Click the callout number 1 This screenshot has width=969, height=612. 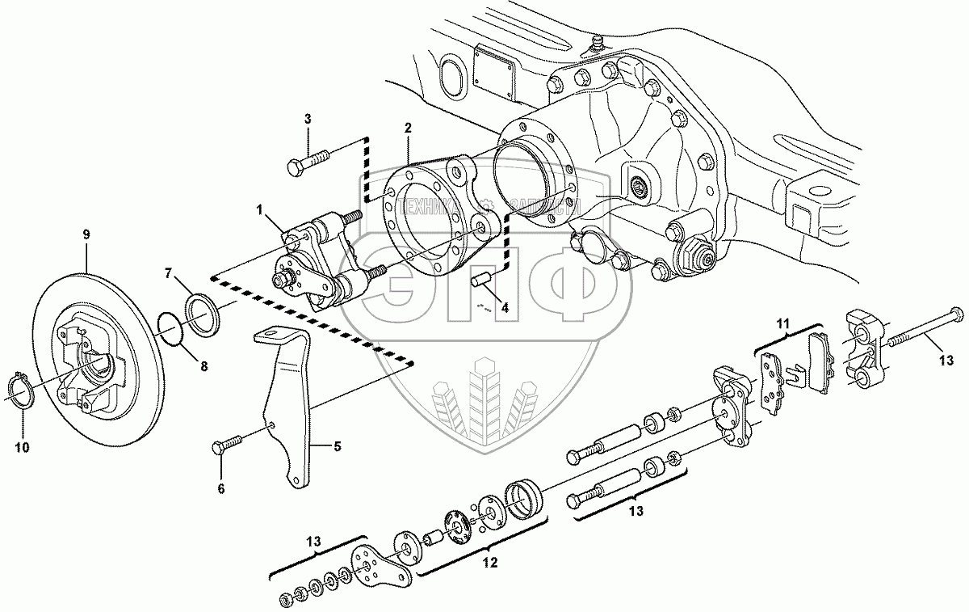[261, 210]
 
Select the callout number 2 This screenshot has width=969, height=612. [408, 128]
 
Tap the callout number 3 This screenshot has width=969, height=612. [307, 120]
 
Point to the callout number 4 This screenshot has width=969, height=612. [504, 307]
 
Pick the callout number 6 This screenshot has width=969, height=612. [221, 488]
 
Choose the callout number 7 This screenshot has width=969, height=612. [169, 274]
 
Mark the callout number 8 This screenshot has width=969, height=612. [204, 366]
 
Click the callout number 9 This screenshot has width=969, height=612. [86, 234]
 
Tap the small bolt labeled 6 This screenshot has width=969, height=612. [227, 444]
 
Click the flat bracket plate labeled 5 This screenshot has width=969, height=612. [289, 404]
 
